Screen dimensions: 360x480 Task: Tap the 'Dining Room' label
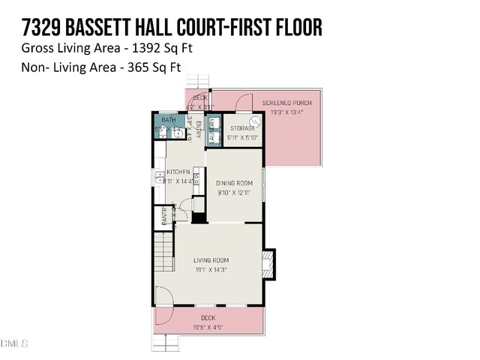tap(234, 183)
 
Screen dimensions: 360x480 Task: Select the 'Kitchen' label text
tap(178, 172)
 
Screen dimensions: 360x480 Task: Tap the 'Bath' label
tap(168, 120)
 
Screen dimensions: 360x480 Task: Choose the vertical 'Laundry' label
tap(212, 129)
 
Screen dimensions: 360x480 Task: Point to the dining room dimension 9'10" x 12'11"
tap(234, 193)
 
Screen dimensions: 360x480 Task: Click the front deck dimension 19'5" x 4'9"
tap(208, 327)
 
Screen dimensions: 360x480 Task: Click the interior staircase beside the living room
tap(163, 252)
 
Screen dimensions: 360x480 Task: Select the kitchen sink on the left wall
tap(161, 178)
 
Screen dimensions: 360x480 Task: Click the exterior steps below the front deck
tap(170, 343)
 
